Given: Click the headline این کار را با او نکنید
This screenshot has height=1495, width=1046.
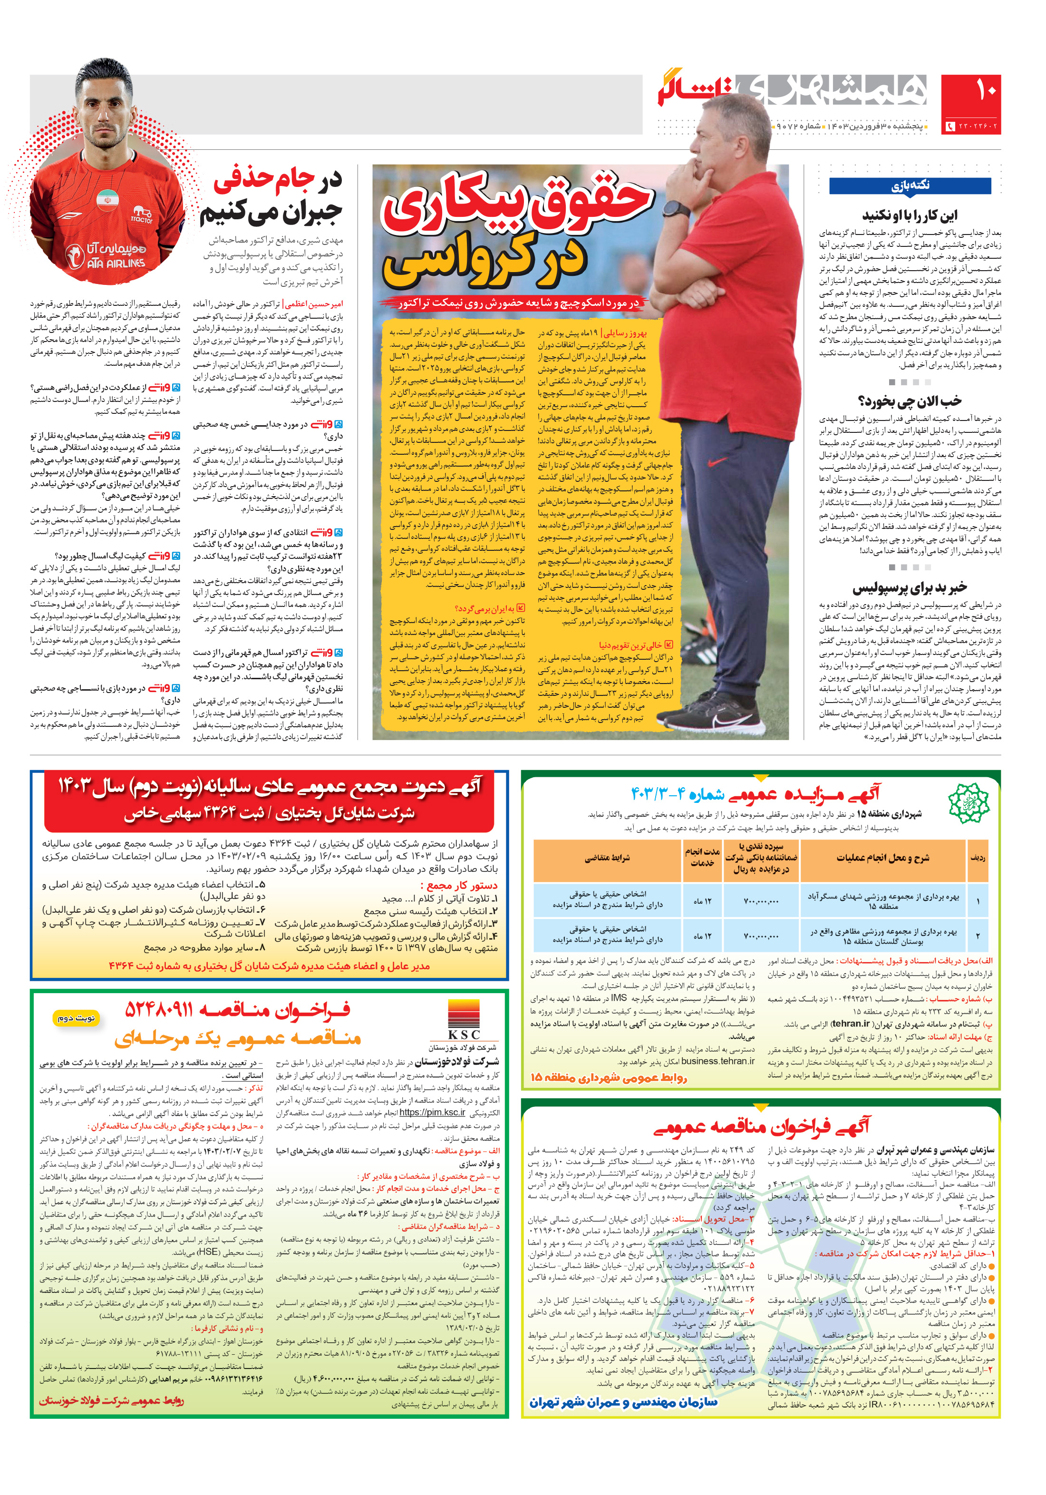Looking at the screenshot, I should click(x=910, y=215).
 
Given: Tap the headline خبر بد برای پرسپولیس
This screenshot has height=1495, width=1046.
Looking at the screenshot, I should click(x=910, y=588).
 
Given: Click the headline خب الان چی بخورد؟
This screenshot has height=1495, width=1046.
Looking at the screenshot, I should click(x=910, y=401).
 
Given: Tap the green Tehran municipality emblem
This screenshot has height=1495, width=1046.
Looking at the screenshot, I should click(x=968, y=802).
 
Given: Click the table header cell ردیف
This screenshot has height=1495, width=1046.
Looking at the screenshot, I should click(x=977, y=858).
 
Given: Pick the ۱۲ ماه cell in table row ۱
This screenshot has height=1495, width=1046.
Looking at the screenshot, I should click(x=702, y=900).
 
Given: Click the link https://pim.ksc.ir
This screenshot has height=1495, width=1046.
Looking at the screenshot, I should click(x=432, y=1112).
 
